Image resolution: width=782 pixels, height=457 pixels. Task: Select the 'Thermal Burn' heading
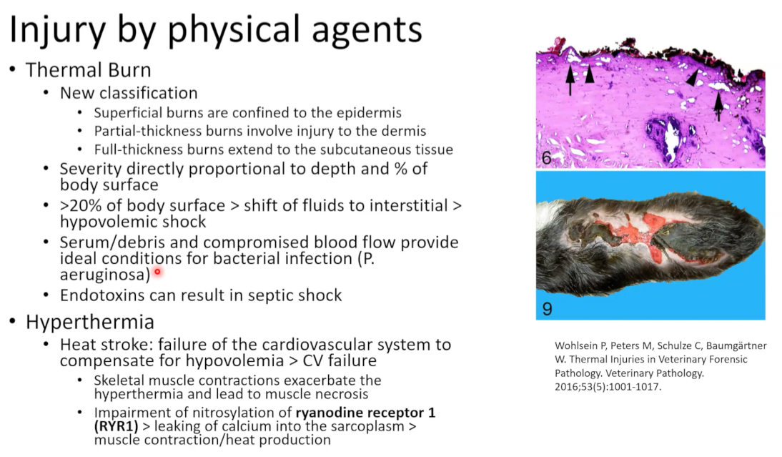[x=88, y=70]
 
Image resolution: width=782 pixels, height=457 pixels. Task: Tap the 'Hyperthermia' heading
[x=90, y=322]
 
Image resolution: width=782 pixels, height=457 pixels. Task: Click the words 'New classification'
[x=129, y=93]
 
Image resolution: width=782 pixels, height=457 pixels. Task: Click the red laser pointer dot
[x=157, y=272]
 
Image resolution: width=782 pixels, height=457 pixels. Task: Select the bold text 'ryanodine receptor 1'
[x=365, y=413]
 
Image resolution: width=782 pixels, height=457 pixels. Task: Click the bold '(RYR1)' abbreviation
[x=117, y=426]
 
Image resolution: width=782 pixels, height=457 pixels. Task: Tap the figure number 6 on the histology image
[x=547, y=158]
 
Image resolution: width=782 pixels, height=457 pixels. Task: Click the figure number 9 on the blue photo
[x=547, y=309]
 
